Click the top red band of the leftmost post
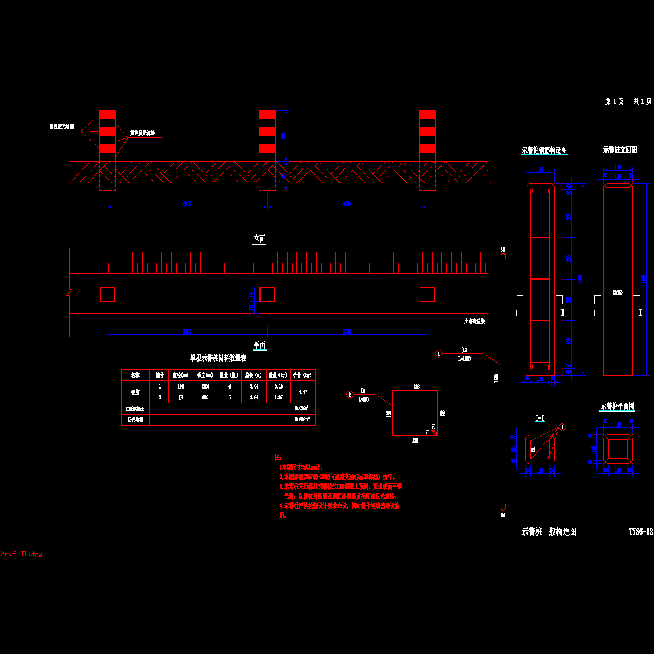click(107, 115)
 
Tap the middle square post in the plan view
click(267, 294)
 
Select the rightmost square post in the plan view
click(427, 294)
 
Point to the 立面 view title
click(259, 239)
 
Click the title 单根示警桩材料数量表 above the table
click(218, 358)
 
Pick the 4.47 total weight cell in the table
click(303, 392)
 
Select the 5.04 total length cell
click(253, 386)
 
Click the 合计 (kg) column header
click(303, 375)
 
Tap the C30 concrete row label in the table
click(135, 408)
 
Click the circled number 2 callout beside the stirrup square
click(350, 395)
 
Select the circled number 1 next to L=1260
click(439, 354)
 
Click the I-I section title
click(540, 419)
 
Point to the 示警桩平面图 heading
click(617, 407)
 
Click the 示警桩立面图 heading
click(620, 150)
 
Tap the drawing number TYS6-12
click(640, 531)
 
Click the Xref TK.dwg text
click(22, 554)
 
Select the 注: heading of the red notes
click(277, 458)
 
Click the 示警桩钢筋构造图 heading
click(544, 150)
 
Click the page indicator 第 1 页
click(615, 101)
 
